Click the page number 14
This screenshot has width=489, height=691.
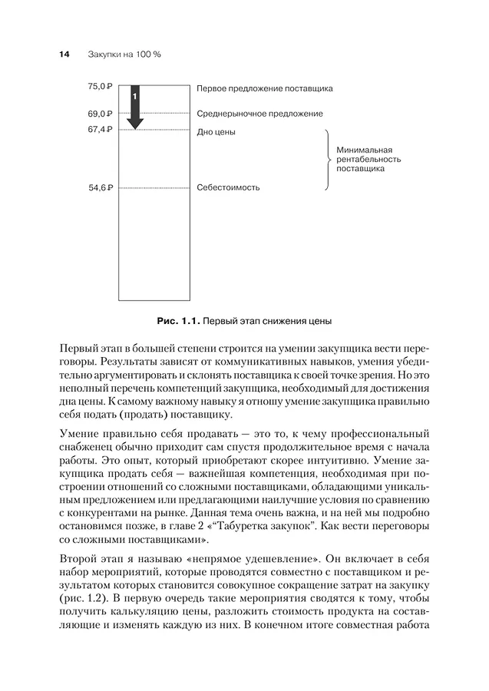[x=64, y=55]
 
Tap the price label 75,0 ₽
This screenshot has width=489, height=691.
[x=101, y=88]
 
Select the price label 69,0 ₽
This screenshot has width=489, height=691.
[x=101, y=114]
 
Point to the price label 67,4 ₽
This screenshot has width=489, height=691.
[x=101, y=130]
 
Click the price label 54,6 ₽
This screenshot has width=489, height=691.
[x=101, y=187]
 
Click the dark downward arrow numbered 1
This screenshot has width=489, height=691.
[x=135, y=107]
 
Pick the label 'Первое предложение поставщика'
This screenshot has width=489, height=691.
[x=264, y=89]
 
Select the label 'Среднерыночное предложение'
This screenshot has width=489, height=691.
[x=259, y=114]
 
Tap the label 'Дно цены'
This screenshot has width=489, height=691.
[x=216, y=132]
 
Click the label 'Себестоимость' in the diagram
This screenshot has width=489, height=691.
[x=228, y=187]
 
